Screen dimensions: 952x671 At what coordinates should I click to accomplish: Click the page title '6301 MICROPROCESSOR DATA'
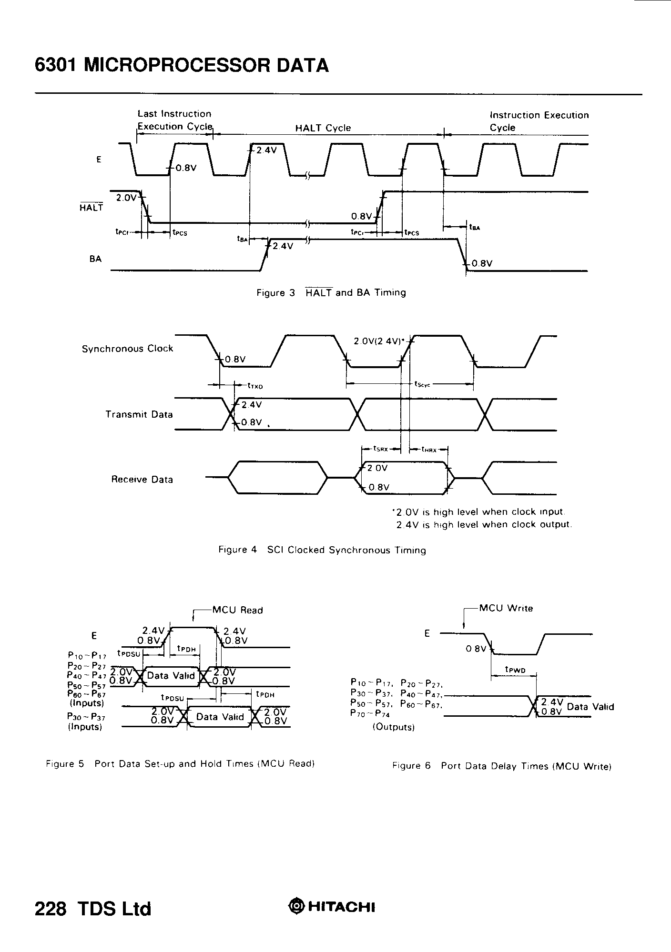click(182, 65)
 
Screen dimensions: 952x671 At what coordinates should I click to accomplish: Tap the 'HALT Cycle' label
click(323, 128)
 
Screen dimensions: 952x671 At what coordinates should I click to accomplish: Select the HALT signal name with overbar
click(91, 208)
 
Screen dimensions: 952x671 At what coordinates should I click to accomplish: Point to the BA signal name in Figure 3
click(95, 259)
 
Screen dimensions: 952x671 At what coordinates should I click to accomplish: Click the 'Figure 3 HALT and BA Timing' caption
click(331, 293)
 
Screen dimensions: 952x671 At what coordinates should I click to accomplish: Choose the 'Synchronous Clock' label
click(127, 349)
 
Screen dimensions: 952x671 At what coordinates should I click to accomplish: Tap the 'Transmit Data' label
click(139, 414)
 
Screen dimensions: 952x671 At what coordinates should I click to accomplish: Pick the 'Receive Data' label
click(142, 480)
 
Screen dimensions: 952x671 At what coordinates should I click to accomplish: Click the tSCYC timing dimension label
click(422, 384)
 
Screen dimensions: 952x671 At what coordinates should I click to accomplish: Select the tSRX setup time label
click(381, 449)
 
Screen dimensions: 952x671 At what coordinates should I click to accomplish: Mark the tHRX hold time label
click(429, 449)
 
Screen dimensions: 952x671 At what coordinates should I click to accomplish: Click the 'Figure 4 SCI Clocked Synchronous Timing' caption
click(322, 550)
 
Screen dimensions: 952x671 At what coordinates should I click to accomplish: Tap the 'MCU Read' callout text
click(237, 610)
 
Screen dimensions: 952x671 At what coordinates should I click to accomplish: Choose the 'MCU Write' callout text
click(506, 608)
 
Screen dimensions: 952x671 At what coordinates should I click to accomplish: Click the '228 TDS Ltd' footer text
click(93, 909)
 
